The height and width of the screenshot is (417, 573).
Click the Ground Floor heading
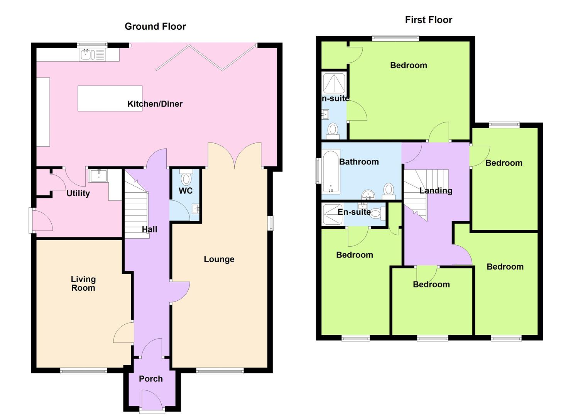(x=155, y=26)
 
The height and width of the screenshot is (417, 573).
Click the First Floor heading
(x=428, y=20)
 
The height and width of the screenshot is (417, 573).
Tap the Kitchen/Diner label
(x=155, y=104)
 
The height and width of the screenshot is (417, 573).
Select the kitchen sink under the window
(x=92, y=55)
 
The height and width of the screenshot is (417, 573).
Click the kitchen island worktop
(x=110, y=98)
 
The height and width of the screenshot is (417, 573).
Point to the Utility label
(x=78, y=193)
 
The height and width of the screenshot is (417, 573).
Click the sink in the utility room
(x=98, y=176)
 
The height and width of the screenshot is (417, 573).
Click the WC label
(x=186, y=191)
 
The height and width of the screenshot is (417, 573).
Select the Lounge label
(x=219, y=259)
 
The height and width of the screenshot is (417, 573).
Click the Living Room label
(x=83, y=283)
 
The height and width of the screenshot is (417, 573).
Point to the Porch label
(x=150, y=379)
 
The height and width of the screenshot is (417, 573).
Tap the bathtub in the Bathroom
(x=331, y=171)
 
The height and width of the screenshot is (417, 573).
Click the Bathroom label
(x=359, y=162)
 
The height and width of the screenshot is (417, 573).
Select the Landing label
(x=436, y=191)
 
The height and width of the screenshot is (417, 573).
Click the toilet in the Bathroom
(x=389, y=191)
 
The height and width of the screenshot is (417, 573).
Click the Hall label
(x=149, y=229)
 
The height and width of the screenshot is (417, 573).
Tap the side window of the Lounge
(x=270, y=223)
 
